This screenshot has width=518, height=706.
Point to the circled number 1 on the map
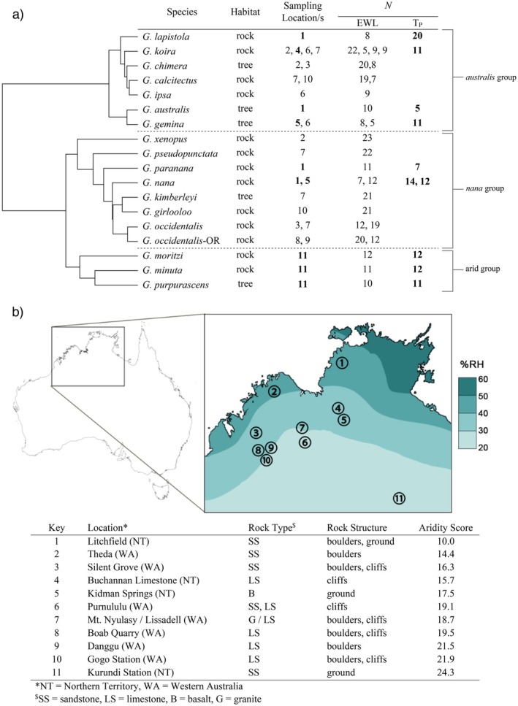click(x=343, y=363)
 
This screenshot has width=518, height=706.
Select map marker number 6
click(x=305, y=442)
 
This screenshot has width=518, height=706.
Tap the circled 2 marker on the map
click(x=275, y=392)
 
